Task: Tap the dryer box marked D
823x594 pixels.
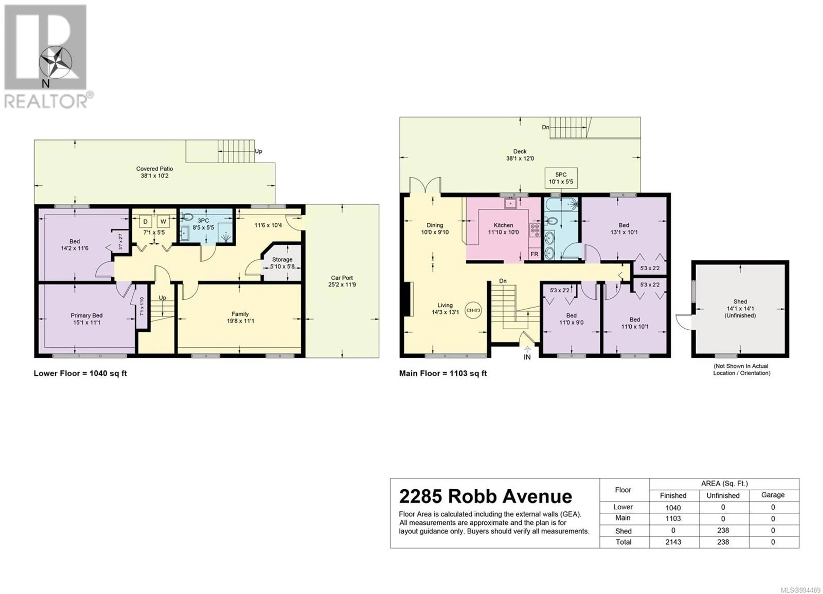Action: [146, 221]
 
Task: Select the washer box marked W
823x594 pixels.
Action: [163, 221]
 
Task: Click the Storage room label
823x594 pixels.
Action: [282, 259]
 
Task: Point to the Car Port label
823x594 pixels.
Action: [342, 277]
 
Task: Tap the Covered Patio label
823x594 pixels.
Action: [155, 168]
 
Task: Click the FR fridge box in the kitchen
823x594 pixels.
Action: [534, 254]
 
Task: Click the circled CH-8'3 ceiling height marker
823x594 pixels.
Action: [473, 310]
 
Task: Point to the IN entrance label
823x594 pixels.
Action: [527, 357]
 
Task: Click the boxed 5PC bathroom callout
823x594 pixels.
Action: [561, 178]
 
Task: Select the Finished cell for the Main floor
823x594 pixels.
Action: [673, 519]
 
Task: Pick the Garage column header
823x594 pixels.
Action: [773, 495]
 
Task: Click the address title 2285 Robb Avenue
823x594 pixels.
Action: [485, 496]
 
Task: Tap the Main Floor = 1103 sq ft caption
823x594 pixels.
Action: [443, 373]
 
